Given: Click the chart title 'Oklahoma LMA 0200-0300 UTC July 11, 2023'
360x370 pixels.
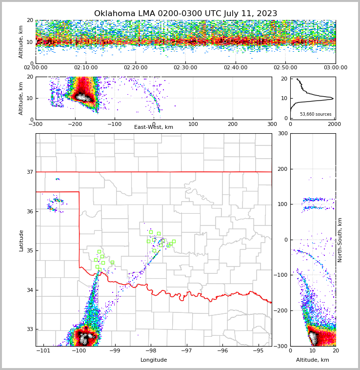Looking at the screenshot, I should pyautogui.click(x=185, y=14).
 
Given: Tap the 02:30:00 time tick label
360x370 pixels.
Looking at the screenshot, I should pyautogui.click(x=185, y=68).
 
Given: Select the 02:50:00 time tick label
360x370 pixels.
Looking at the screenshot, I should pyautogui.click(x=285, y=68).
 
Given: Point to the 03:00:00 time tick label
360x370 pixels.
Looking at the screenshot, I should pyautogui.click(x=335, y=68).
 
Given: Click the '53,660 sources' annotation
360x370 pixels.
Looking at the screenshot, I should pyautogui.click(x=316, y=114).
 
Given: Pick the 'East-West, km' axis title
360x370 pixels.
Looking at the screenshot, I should pyautogui.click(x=154, y=127).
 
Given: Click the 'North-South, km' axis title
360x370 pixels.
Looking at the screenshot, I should pyautogui.click(x=340, y=240).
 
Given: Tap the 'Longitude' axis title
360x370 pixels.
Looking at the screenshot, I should pyautogui.click(x=154, y=360).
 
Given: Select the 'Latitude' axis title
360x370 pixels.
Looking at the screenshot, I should pyautogui.click(x=21, y=240).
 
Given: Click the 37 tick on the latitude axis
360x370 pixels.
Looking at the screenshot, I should pyautogui.click(x=30, y=172).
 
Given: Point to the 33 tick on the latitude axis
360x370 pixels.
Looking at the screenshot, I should pyautogui.click(x=30, y=329).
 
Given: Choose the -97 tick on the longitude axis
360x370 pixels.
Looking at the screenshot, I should pyautogui.click(x=186, y=351).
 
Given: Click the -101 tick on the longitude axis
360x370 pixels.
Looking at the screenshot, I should pyautogui.click(x=44, y=351).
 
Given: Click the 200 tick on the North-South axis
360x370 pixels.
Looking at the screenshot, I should pyautogui.click(x=282, y=169).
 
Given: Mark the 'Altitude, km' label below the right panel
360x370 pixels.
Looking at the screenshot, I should pyautogui.click(x=313, y=360).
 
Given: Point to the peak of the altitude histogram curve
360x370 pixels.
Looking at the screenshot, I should pyautogui.click(x=333, y=99).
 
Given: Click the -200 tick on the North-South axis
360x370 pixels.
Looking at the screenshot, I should pyautogui.click(x=280, y=310).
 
